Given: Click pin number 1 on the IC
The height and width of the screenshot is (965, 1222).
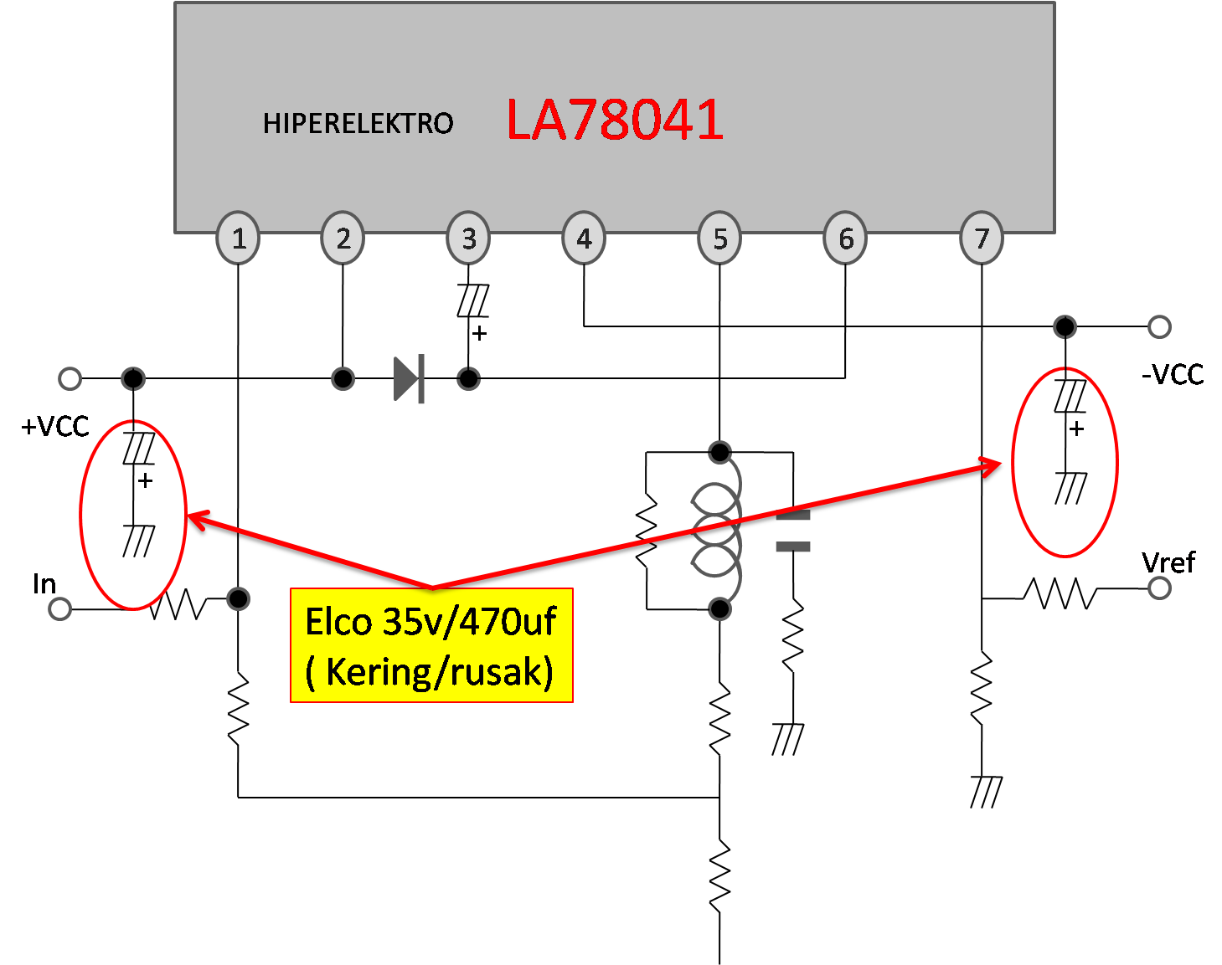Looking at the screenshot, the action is pos(239,239).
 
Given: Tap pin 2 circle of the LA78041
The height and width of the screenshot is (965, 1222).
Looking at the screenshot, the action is pos(343,239).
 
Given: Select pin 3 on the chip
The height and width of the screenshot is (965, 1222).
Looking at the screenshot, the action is pos(468,239).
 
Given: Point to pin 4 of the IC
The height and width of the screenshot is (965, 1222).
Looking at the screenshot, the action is pos(584,239).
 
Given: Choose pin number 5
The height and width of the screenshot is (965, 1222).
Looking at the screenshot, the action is pos(719,239).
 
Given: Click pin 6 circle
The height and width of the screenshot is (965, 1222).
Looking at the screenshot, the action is pos(846,239).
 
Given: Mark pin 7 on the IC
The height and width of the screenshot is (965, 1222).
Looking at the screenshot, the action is pos(982,239).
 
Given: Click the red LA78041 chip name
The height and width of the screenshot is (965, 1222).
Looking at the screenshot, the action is pos(615,120).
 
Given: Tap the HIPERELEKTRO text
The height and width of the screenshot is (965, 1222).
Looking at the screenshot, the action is pos(358,124).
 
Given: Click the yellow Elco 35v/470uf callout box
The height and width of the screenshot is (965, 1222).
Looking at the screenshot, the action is pos(431,645).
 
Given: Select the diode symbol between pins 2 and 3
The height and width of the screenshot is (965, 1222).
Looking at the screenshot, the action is pos(409,379).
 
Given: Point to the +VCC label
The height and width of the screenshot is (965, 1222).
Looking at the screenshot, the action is pos(55,426).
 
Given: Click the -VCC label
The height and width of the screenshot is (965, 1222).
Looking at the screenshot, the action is pos(1173,374).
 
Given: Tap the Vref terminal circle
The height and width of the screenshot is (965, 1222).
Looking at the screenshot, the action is pos(1159,588).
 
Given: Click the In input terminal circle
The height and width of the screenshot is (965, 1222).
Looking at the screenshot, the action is pos(59,609).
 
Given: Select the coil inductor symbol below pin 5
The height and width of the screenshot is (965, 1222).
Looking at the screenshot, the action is pos(717,531).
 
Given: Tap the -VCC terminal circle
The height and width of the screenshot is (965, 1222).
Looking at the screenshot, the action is pos(1159,326).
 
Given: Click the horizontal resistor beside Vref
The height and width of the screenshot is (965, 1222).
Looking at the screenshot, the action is pos(1060,593).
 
